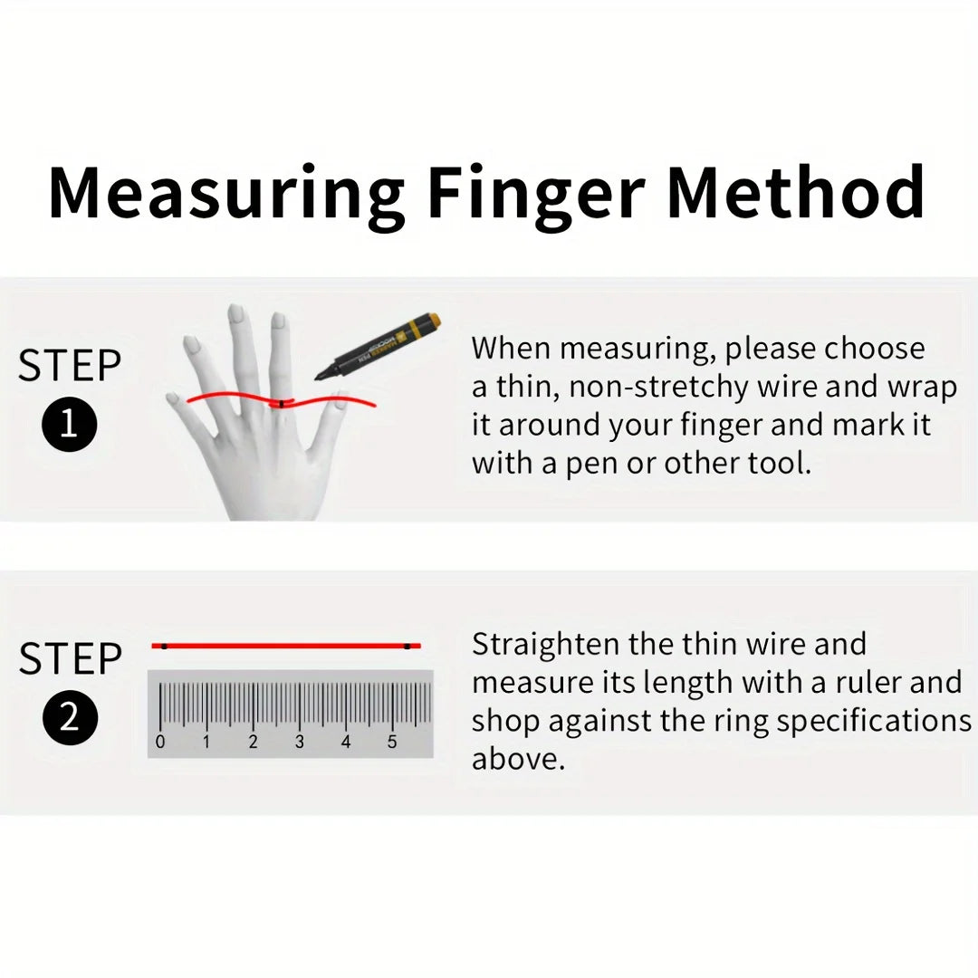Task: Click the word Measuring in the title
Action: click(x=226, y=194)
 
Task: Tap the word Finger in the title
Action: click(x=535, y=192)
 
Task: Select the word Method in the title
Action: click(x=796, y=192)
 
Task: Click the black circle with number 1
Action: click(x=69, y=425)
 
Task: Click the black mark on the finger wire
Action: click(x=282, y=403)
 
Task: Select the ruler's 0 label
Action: click(x=160, y=743)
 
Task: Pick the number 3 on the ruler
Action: click(x=299, y=743)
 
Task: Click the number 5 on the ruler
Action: click(x=392, y=743)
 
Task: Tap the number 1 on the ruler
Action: click(x=206, y=743)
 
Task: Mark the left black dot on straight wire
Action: click(x=163, y=646)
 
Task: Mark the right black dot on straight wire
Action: click(x=407, y=646)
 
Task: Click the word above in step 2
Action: click(x=518, y=759)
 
